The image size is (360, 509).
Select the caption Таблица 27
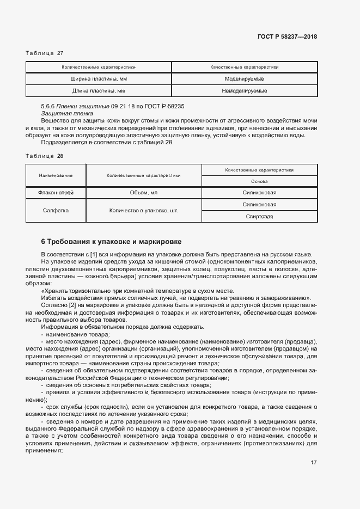45,53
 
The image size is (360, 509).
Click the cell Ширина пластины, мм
99,79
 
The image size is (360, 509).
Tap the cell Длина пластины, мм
99,91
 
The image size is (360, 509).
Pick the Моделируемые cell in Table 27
244,79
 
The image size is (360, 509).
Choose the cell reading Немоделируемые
244,91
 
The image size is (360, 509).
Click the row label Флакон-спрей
56,193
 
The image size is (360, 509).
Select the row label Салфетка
56,211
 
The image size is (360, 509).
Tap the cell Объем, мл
143,193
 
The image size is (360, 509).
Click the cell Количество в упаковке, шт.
143,211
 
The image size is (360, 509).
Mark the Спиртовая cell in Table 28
259,217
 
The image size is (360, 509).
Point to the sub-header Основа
259,182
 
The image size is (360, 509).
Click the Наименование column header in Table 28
56,176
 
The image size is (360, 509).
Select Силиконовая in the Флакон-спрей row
259,193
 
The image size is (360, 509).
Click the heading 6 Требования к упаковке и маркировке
112,241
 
